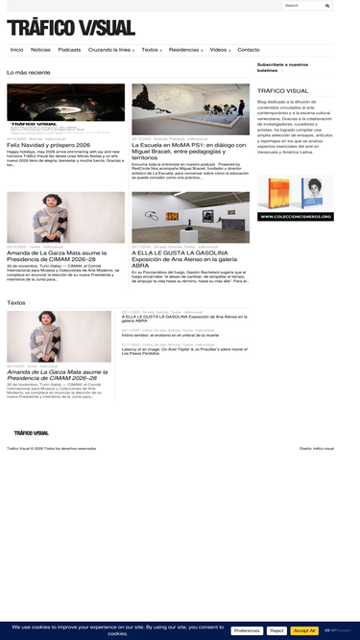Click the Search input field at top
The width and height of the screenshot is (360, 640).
[302, 6]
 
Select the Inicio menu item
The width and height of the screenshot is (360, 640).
[16, 50]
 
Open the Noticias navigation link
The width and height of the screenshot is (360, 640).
[40, 50]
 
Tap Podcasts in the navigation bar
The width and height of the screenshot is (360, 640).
[69, 50]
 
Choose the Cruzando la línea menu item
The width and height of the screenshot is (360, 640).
[108, 50]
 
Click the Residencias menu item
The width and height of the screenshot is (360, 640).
[183, 50]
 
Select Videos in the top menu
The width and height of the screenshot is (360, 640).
[219, 50]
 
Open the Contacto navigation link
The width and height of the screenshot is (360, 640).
[249, 50]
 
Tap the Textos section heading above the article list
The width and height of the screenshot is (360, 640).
[16, 302]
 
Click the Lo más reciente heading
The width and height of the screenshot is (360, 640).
[29, 73]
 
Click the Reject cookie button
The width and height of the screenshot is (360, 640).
[276, 630]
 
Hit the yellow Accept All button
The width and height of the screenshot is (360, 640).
[304, 630]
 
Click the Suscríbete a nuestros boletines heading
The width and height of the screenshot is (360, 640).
[282, 67]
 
